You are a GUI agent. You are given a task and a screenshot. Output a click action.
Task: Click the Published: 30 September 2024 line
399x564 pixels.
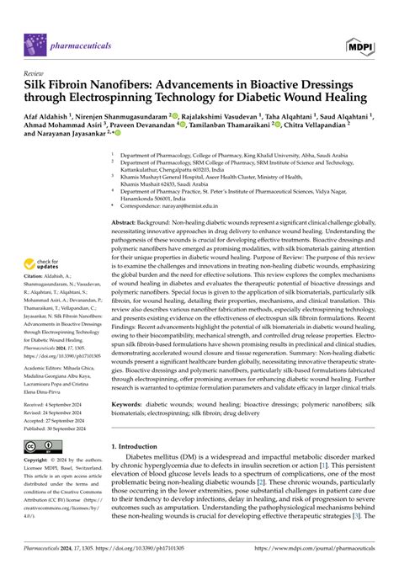(62, 428)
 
